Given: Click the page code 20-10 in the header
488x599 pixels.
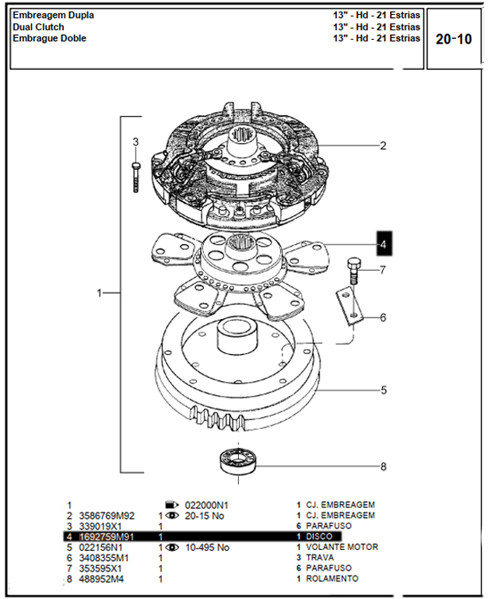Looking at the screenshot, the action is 454,39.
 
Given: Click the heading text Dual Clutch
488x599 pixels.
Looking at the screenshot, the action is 38,27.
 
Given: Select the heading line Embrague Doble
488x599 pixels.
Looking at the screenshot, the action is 49,38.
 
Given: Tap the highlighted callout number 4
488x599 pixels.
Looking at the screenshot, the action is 384,243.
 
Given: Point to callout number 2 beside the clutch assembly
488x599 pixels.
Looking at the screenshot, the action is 383,145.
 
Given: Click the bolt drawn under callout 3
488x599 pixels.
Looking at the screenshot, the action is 135,177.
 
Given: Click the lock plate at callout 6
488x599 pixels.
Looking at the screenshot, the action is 349,307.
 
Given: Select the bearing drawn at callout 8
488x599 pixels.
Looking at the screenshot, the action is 238,462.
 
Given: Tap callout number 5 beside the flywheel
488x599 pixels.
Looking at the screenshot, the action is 384,390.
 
